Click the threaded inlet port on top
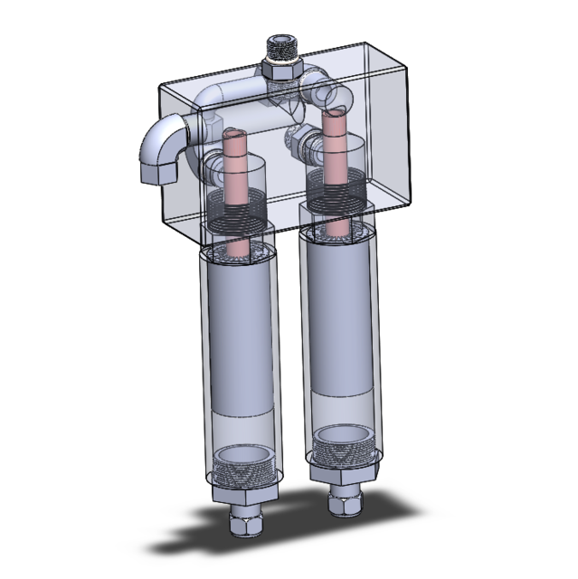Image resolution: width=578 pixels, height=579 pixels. tap(283, 45)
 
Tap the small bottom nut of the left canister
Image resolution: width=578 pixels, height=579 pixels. tap(246, 524)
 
